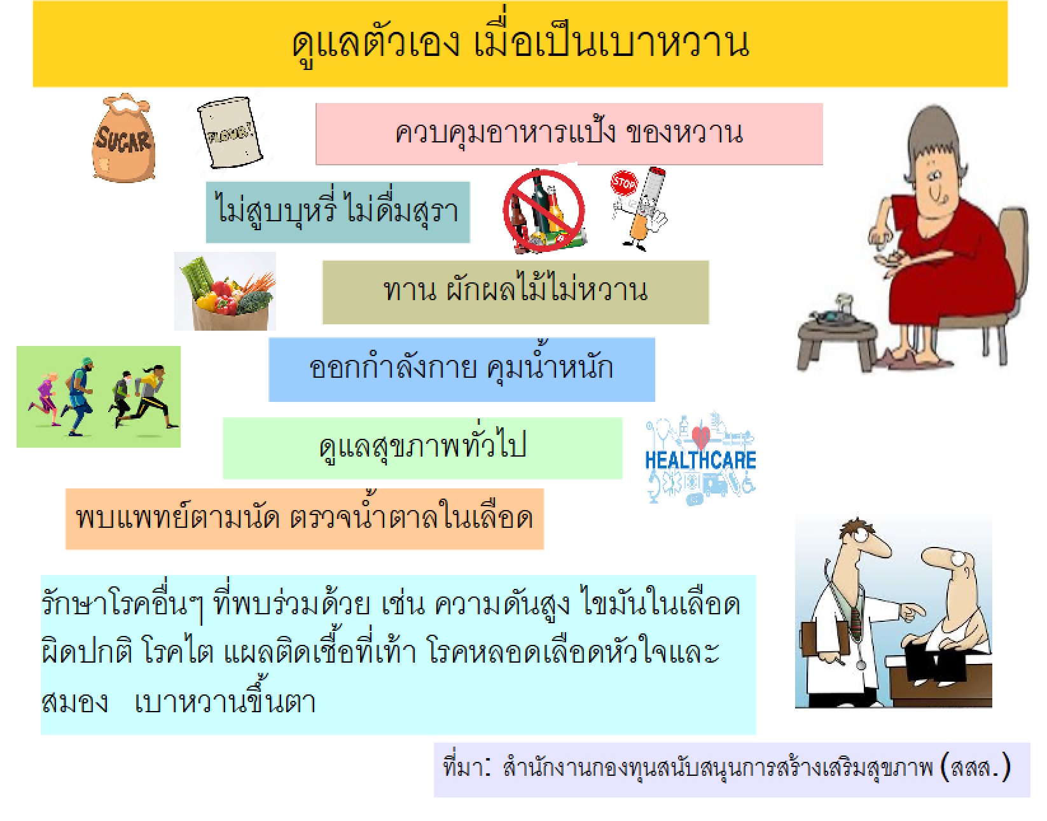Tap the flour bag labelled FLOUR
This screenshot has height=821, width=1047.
pyautogui.click(x=230, y=132)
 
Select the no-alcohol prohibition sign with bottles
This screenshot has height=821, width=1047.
pyautogui.click(x=544, y=210)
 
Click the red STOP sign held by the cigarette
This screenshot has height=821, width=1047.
pyautogui.click(x=624, y=183)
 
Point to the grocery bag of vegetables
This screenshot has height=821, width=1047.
pyautogui.click(x=225, y=291)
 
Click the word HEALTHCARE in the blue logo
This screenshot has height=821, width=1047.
pyautogui.click(x=700, y=460)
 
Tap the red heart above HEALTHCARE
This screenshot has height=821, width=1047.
pyautogui.click(x=700, y=436)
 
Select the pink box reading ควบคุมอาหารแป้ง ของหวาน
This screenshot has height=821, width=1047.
pyautogui.click(x=569, y=134)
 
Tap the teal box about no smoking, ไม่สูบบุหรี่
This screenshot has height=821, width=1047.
pyautogui.click(x=338, y=212)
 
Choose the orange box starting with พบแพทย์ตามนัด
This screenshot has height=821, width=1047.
pyautogui.click(x=305, y=519)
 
